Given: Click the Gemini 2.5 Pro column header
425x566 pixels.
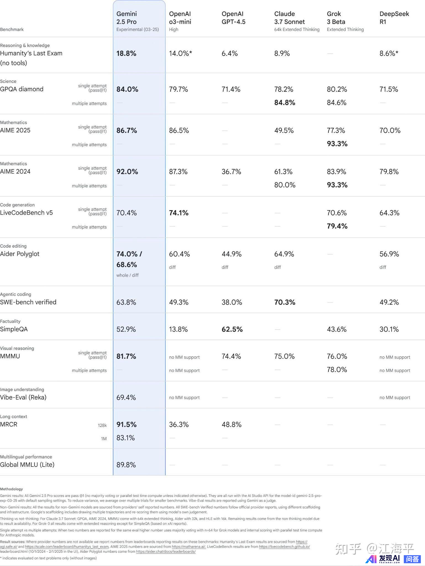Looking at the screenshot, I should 127,18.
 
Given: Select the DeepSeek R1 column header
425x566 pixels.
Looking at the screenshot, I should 394,18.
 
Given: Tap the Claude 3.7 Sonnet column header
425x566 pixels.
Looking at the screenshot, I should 289,18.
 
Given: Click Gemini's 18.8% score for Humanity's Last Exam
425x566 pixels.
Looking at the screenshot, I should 126,53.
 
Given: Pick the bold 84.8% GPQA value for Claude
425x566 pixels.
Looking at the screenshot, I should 285,103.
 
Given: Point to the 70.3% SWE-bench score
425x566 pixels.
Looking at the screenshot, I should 285,302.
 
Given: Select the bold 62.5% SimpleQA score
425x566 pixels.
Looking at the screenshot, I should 232,329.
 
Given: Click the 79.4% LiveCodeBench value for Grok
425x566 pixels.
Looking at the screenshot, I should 337,226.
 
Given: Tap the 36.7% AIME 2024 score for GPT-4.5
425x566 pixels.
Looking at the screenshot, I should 231,172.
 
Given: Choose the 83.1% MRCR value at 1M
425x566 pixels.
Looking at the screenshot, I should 125,438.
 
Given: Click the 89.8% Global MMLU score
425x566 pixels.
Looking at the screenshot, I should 126,465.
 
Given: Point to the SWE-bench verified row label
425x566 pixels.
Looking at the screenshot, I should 28,302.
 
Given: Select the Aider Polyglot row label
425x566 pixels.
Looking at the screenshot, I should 20,254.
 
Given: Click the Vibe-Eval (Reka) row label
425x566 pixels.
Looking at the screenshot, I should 23,397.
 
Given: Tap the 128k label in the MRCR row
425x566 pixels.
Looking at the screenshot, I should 102,425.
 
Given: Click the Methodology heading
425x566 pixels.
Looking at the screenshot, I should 11,489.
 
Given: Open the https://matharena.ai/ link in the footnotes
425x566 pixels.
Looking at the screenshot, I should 188,546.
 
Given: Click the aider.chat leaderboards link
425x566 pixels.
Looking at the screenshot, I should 166,551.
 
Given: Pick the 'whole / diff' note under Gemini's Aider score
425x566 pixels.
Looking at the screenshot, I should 127,275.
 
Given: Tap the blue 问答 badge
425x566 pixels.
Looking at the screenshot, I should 412,559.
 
